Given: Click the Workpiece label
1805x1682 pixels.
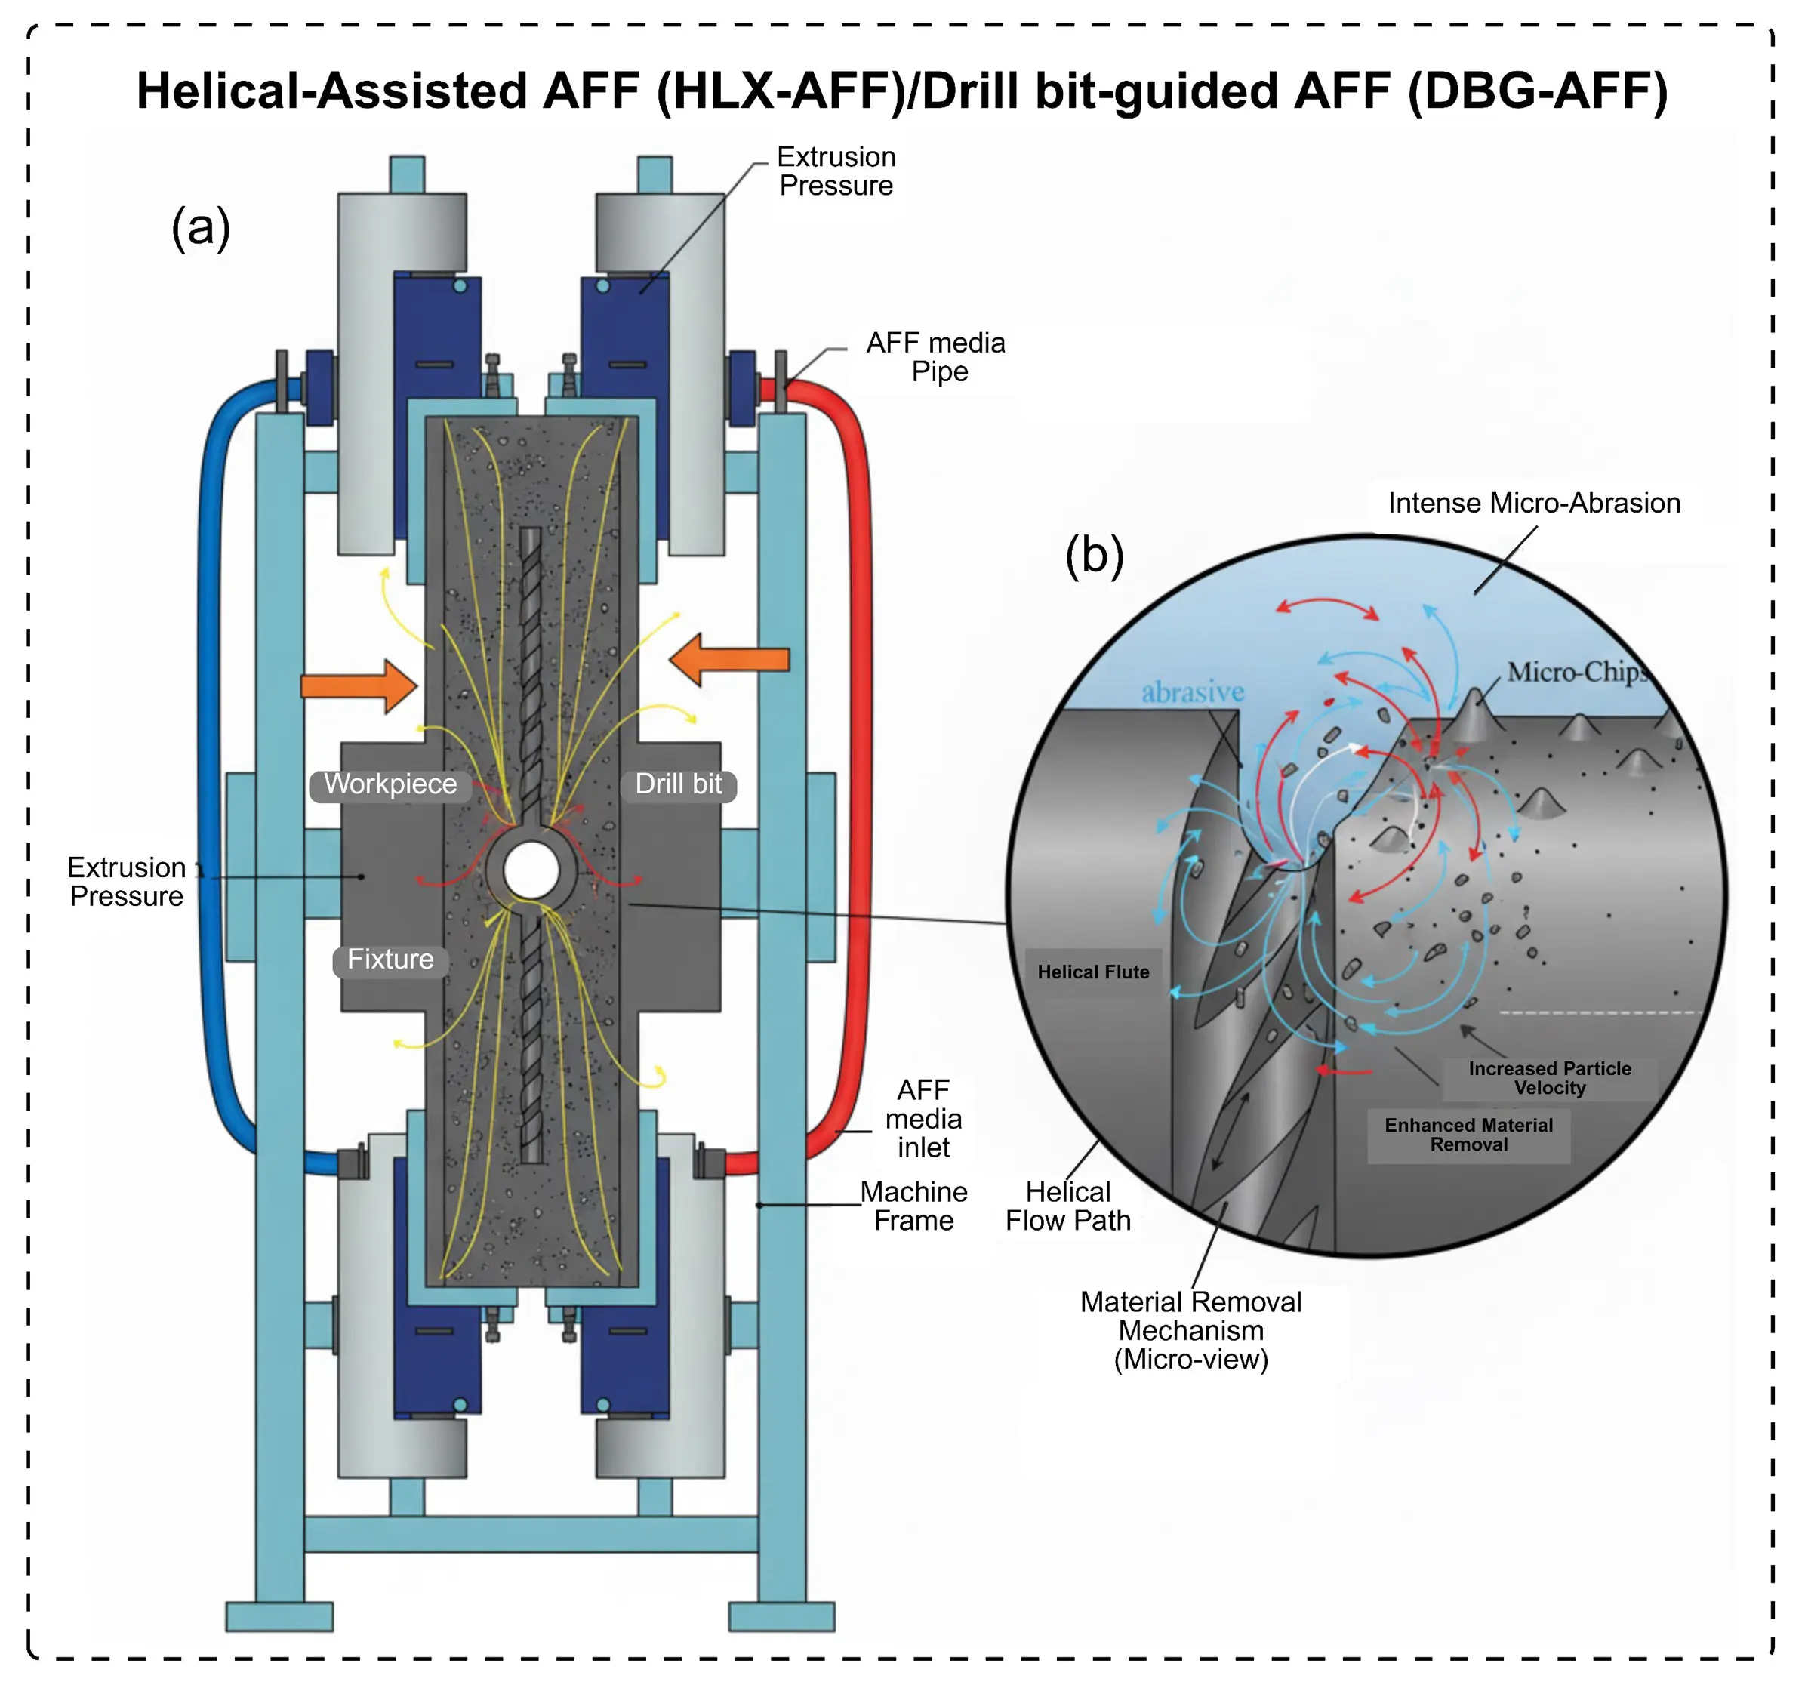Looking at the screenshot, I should point(390,784).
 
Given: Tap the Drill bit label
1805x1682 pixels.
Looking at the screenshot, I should point(678,784).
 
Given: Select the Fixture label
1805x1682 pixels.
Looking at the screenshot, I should point(390,960).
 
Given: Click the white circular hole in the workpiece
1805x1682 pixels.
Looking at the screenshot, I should point(531,870).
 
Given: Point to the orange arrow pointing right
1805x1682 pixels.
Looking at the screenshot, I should point(359,685).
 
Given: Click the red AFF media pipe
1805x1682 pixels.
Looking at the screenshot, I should point(858,772).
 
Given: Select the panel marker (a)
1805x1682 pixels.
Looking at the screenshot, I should point(201,227).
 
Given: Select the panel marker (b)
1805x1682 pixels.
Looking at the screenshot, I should point(1094,555).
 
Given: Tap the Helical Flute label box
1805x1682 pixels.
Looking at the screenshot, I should point(1093,972).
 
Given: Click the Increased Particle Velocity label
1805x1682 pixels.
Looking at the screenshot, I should point(1549,1078).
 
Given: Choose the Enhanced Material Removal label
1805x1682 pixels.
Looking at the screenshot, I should point(1468,1135).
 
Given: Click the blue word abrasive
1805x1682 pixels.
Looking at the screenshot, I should point(1192,693).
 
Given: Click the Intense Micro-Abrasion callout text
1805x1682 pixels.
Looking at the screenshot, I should point(1533,503).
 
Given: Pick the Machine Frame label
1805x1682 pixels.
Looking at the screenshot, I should point(913,1206).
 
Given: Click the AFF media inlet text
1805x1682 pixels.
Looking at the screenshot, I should point(923,1119).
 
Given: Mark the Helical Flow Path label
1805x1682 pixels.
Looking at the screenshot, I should point(1067,1206).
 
